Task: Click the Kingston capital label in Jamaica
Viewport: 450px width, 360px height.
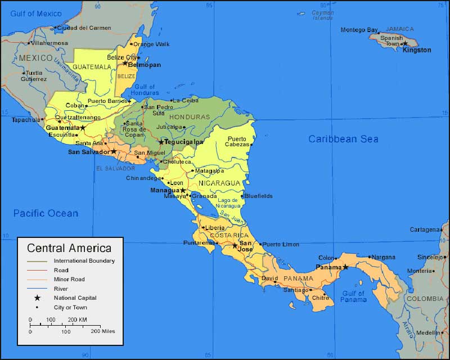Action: coord(417,50)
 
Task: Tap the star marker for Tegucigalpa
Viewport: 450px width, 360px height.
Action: coord(161,142)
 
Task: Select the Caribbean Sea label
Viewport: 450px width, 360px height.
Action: coord(343,139)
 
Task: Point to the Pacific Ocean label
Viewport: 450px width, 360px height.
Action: coord(46,213)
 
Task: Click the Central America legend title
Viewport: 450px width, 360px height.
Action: coord(69,248)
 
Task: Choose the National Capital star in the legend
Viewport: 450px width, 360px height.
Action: coord(38,298)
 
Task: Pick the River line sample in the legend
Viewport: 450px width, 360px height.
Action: coord(38,289)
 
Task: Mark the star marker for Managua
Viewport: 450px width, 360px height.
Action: coord(183,191)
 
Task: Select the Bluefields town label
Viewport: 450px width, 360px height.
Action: coord(259,196)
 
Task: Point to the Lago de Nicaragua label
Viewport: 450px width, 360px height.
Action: coord(228,204)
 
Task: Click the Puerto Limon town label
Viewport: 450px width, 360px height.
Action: coord(281,244)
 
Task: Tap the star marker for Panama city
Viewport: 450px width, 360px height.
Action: coord(345,267)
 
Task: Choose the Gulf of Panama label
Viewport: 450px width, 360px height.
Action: coord(353,296)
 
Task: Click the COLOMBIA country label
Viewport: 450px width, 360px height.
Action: coord(425,298)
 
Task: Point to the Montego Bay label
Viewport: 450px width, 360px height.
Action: coord(359,30)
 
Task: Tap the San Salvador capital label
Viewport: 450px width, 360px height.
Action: coord(89,152)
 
